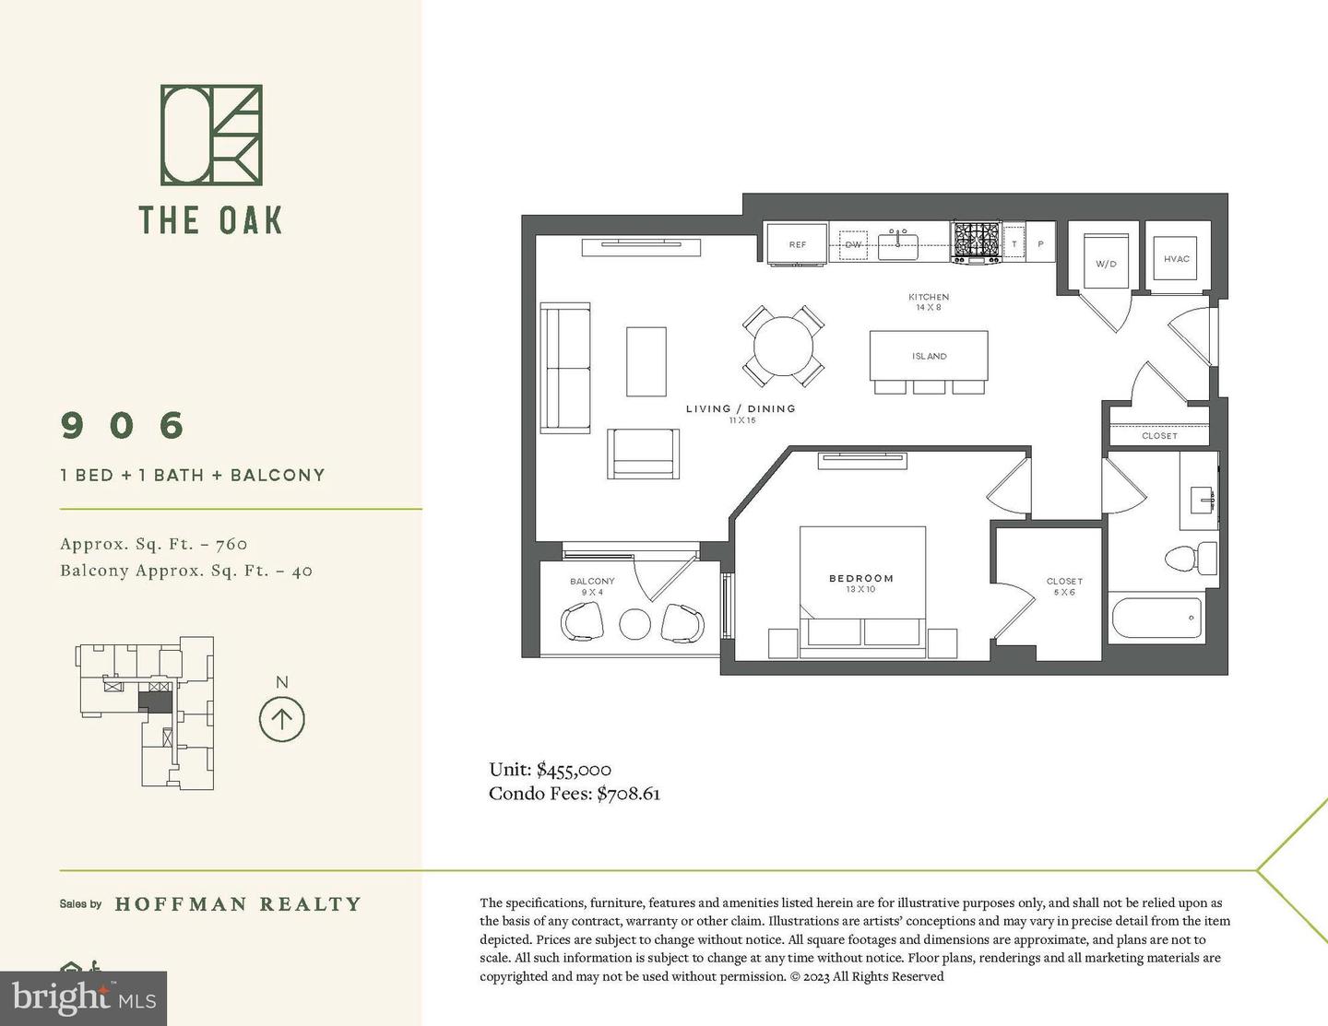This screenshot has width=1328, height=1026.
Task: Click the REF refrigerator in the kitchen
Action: [797, 244]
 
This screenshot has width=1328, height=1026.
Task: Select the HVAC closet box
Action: [1176, 259]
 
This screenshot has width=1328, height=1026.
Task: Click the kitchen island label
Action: [929, 356]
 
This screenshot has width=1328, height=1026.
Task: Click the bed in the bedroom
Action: [861, 590]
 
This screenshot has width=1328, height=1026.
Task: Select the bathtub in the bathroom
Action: [1157, 617]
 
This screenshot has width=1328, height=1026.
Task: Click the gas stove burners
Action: [977, 242]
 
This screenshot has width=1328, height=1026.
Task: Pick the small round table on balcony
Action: [634, 624]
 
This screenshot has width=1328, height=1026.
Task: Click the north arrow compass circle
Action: [282, 719]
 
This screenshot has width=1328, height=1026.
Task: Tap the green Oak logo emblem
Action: [211, 135]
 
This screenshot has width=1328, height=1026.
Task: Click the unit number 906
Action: [123, 425]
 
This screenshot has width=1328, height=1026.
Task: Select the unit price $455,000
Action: [574, 770]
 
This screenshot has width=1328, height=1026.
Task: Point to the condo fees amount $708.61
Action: [628, 794]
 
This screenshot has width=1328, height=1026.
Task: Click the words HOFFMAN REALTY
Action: [238, 904]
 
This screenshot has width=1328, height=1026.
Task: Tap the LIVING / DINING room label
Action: [740, 408]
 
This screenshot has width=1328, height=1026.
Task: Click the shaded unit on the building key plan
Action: [157, 702]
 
